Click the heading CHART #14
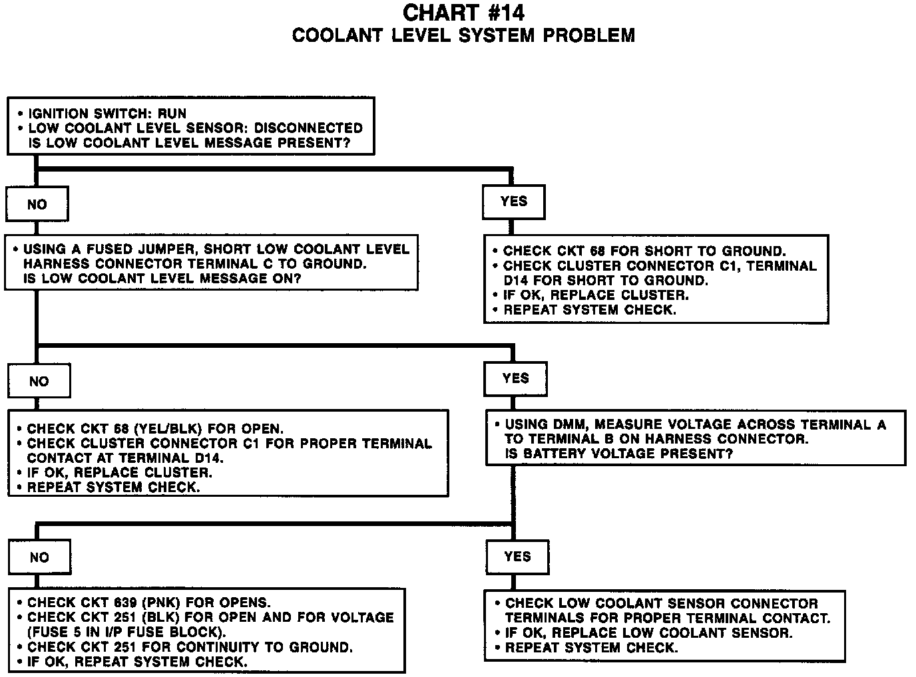pos(463,13)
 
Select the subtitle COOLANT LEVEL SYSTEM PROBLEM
pos(463,35)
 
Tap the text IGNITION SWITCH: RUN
pos(107,114)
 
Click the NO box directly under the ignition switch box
pos(37,205)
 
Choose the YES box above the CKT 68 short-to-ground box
pos(513,202)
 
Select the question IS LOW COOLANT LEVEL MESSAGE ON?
pos(162,279)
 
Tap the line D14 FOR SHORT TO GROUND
pos(605,281)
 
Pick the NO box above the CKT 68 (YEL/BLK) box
pos(39,382)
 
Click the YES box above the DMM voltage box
pos(516,378)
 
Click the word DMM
pos(569,424)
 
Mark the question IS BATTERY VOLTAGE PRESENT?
pos(618,454)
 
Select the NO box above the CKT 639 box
pos(39,557)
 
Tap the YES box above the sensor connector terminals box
pos(517,557)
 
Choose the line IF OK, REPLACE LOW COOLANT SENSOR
pos(648,632)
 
